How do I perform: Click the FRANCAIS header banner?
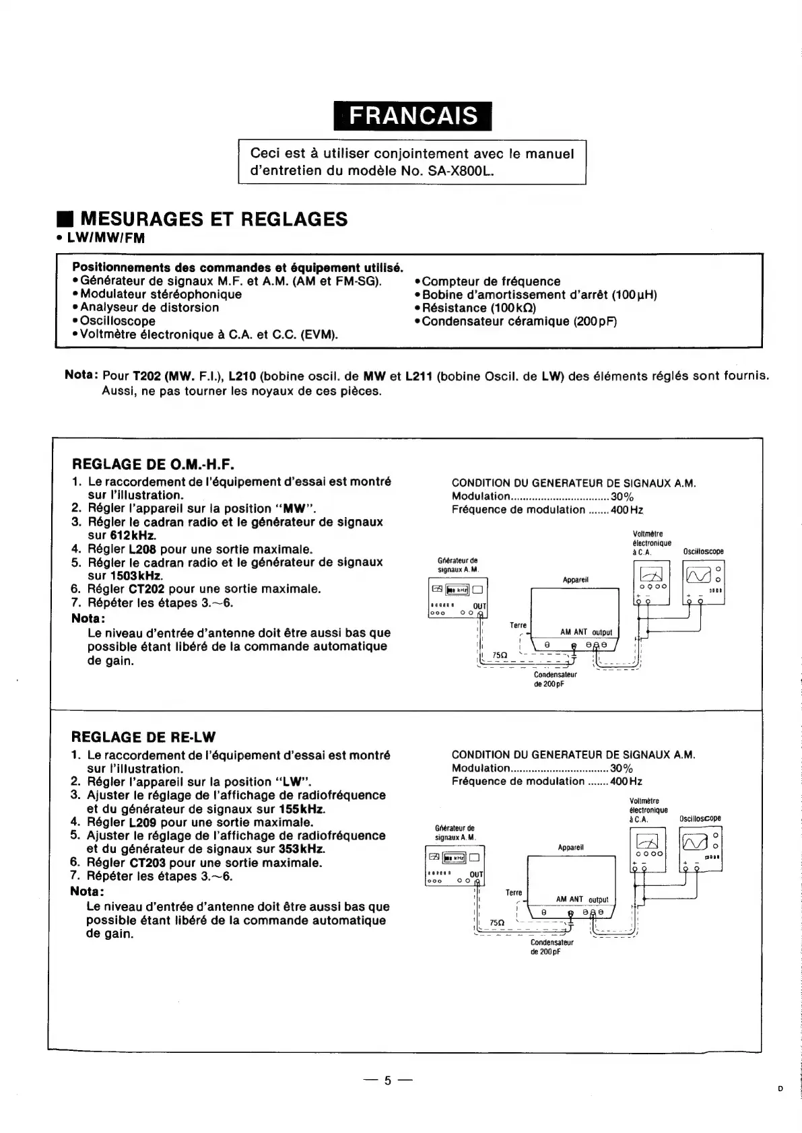point(412,116)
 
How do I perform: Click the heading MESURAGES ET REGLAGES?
point(213,219)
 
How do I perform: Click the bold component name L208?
point(142,549)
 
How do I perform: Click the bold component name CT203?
point(147,863)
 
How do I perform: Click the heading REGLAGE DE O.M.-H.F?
point(153,465)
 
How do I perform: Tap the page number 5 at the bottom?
point(387,1080)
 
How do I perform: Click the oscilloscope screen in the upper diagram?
point(698,575)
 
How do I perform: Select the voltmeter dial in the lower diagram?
point(648,842)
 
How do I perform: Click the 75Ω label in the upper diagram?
point(500,654)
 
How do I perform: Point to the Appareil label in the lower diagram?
point(570,848)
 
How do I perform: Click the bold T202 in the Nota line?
point(146,376)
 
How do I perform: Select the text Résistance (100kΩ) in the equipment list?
point(479,308)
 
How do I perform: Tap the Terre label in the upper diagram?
point(518,625)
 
